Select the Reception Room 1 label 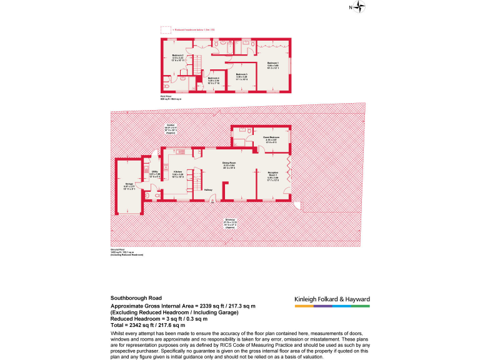(x=273, y=175)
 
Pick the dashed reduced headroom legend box (x=166, y=29)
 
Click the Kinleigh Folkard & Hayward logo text (x=332, y=299)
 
